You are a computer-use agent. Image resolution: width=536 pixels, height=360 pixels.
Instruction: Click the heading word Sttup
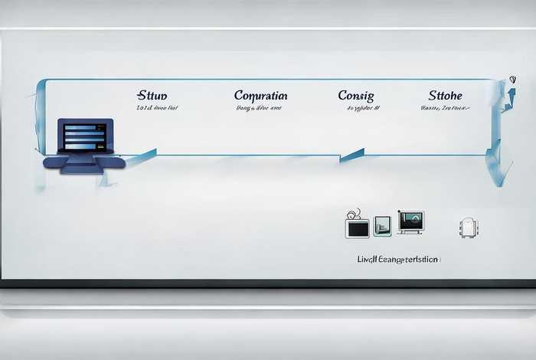(x=152, y=96)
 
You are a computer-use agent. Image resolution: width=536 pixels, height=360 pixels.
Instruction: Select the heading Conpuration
(x=260, y=96)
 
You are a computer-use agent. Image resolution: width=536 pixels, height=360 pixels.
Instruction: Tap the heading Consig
(x=356, y=96)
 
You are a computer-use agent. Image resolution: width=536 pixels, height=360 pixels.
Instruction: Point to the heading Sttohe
(x=445, y=96)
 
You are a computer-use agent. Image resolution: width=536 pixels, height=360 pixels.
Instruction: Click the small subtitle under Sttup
(x=156, y=109)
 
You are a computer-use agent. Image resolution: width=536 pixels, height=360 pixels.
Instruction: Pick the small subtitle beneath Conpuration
(x=257, y=109)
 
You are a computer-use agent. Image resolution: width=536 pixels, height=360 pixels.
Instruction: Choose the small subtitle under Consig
(x=360, y=109)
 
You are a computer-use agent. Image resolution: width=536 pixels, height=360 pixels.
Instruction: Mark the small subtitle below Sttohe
(x=445, y=109)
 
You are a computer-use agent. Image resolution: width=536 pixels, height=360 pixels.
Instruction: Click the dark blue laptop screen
(x=85, y=136)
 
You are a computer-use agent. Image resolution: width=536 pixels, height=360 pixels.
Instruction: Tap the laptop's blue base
(x=83, y=162)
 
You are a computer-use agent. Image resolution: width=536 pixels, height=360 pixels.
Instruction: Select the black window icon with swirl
(x=357, y=226)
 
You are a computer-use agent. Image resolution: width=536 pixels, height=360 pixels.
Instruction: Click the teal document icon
(x=382, y=225)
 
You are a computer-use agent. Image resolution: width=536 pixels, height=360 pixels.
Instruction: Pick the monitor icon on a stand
(x=411, y=222)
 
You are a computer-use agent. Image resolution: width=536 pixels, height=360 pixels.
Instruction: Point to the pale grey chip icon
(x=467, y=227)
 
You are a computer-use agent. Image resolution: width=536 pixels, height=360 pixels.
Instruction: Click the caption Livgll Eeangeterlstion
(x=398, y=260)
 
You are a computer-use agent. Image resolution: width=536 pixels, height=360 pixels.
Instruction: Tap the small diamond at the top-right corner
(x=511, y=79)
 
